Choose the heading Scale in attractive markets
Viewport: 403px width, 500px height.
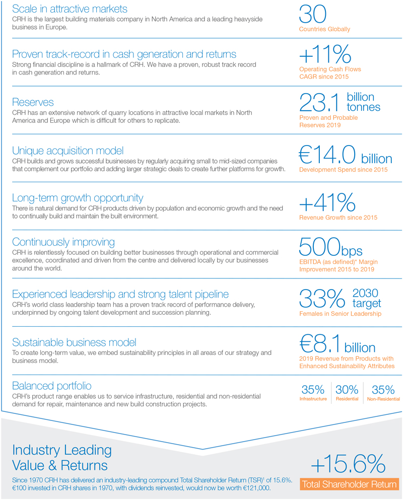[x=70, y=9]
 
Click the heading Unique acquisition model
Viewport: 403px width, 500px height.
[x=68, y=151]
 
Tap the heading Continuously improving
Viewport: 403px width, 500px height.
[x=63, y=242]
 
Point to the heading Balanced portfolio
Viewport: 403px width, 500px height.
[x=52, y=386]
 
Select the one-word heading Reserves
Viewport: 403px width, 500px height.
[x=33, y=102]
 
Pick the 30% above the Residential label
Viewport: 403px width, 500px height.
[x=347, y=389]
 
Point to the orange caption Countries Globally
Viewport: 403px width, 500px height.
[x=324, y=29]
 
